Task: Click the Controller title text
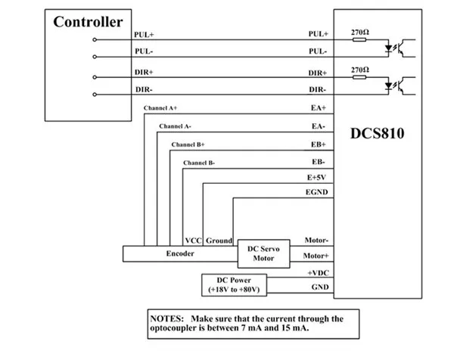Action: click(x=88, y=22)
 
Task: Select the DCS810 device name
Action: click(x=377, y=135)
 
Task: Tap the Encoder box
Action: click(x=180, y=254)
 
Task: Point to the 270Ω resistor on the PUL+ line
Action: click(x=360, y=39)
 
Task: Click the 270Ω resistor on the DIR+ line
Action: click(x=360, y=76)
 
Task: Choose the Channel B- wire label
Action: click(x=199, y=163)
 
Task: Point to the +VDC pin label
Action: click(x=316, y=272)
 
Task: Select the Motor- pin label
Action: click(x=315, y=240)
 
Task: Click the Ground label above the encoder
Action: click(x=219, y=241)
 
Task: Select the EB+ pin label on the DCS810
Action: click(x=317, y=144)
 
